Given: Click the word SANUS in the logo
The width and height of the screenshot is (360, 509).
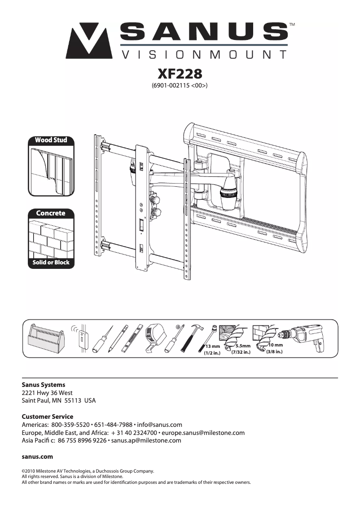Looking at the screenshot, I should (204, 33).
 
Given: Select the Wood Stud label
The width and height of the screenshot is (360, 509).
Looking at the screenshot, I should (51, 140).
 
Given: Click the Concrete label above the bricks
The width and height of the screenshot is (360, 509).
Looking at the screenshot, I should (51, 213).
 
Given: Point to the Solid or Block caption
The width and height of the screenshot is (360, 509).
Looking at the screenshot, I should (51, 262).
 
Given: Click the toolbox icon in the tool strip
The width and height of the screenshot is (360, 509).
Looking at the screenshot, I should (44, 340).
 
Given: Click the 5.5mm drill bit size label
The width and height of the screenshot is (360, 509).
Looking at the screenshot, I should (242, 346).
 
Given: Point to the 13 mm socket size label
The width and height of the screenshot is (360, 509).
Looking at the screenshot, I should (212, 347).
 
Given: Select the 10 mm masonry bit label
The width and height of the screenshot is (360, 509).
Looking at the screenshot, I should (275, 345).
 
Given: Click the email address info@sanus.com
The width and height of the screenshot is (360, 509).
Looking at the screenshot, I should (159, 425).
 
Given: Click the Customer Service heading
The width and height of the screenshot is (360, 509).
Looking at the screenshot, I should (47, 417).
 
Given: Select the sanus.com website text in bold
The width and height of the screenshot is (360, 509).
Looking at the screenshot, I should (37, 456).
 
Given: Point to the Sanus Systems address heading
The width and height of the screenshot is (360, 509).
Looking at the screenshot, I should (43, 385).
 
